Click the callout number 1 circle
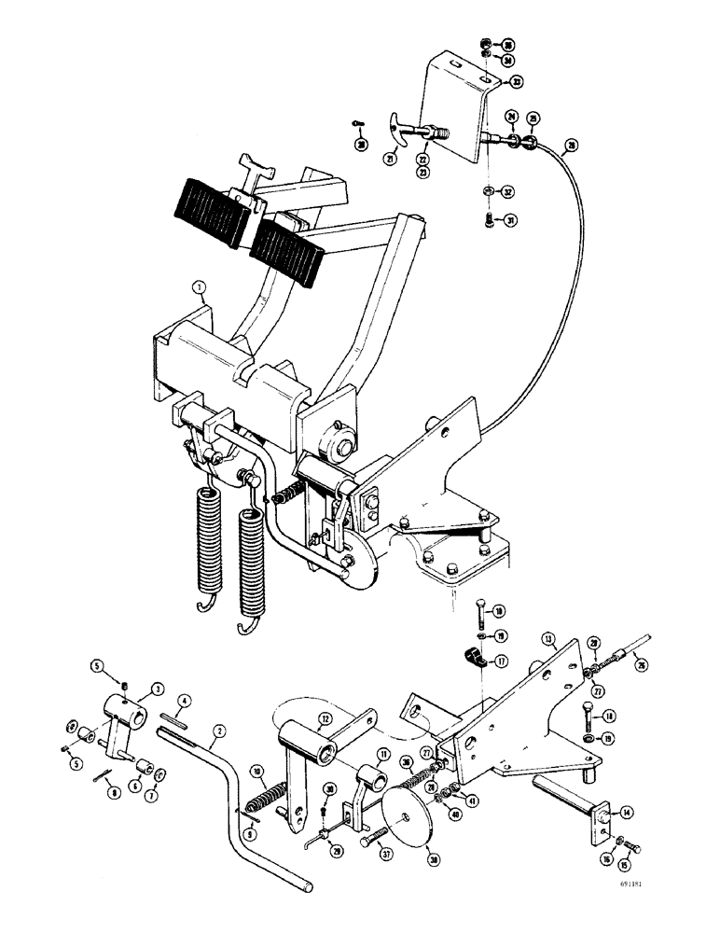coord(199,289)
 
